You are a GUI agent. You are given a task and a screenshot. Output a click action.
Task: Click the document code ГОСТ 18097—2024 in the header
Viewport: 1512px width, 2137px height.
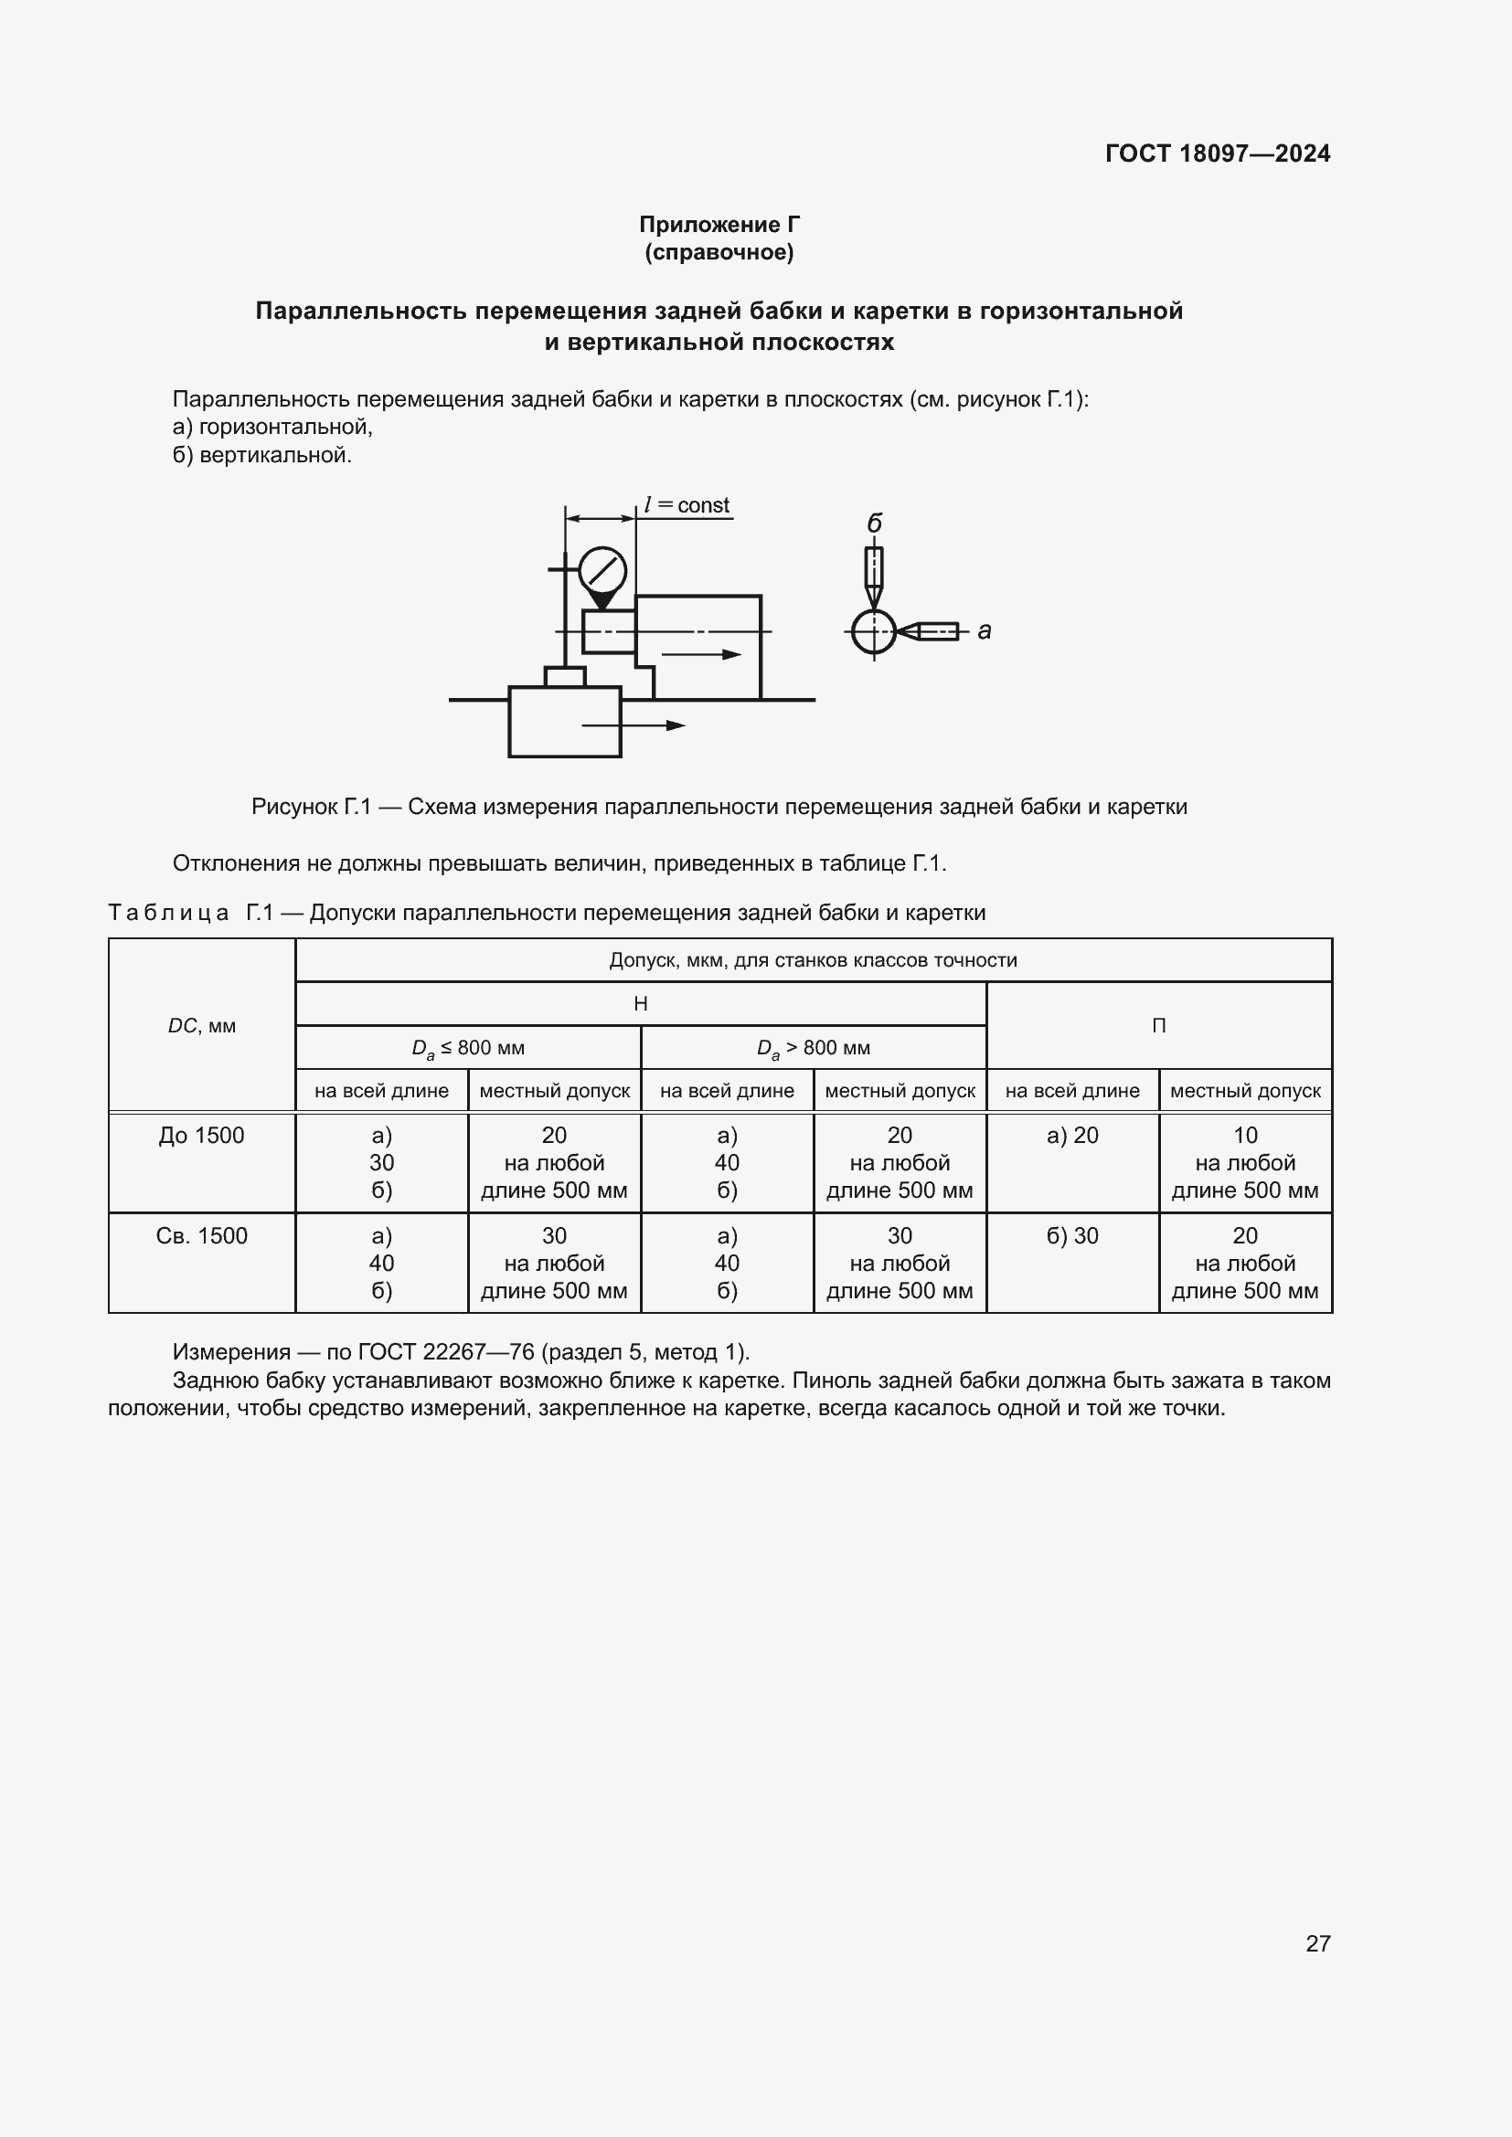coord(1217,153)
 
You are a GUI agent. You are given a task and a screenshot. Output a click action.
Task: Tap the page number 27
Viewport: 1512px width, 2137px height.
coord(1317,1943)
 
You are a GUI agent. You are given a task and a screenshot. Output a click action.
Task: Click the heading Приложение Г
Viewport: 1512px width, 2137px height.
coord(719,225)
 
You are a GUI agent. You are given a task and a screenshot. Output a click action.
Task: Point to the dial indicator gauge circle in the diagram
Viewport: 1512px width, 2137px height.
coord(602,569)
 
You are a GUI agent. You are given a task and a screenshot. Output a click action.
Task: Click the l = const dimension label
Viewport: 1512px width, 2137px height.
coord(687,505)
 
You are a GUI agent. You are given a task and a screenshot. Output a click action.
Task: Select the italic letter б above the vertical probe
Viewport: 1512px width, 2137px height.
coord(874,524)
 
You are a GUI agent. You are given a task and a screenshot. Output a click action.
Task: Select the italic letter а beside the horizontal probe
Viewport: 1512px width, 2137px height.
coord(985,631)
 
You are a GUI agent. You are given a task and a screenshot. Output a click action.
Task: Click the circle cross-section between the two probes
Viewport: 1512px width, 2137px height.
coord(873,632)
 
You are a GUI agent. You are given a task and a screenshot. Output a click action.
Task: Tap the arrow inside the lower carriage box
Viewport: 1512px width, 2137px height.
coord(634,725)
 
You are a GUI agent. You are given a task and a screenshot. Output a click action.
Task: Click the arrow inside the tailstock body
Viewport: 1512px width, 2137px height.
coord(701,654)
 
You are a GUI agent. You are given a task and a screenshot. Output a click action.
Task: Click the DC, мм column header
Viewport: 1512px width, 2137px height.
coord(202,1026)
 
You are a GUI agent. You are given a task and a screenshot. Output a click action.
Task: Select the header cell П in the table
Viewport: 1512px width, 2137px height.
coord(1158,1026)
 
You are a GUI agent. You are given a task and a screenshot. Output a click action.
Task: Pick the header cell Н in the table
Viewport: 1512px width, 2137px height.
coord(641,1004)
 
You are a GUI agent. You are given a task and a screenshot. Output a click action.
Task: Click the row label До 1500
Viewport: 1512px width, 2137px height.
coord(202,1136)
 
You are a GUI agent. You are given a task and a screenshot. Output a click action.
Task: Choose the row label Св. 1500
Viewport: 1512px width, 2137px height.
coord(202,1236)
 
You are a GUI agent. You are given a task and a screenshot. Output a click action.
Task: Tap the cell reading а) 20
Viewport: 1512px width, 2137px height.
coord(1072,1136)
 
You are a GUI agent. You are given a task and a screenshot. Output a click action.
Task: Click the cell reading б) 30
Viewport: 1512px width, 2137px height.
coord(1072,1236)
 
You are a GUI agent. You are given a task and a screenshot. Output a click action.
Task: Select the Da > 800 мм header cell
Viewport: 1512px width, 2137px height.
coord(814,1048)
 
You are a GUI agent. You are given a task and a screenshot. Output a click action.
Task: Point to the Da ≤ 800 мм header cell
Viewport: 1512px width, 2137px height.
coord(468,1048)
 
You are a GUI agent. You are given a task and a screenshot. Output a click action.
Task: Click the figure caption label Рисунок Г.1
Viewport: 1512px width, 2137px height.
coord(312,807)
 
